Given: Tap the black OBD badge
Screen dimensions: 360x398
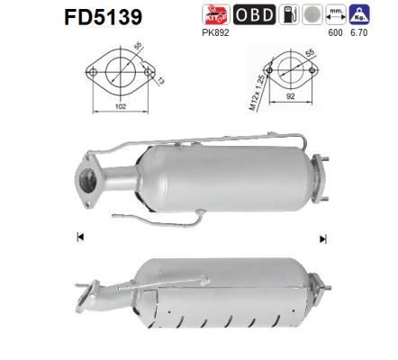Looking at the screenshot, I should tap(254, 14).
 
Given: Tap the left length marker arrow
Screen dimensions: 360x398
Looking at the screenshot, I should tap(80, 237).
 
